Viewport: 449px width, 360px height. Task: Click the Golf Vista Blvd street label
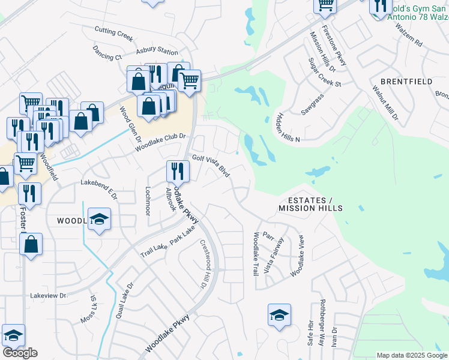[x=211, y=166]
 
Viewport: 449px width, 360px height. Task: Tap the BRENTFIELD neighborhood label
[x=406, y=81]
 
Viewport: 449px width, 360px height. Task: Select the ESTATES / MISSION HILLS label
[x=310, y=204]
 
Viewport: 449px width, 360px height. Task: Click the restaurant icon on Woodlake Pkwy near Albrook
[x=178, y=171]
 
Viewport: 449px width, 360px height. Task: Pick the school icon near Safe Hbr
[x=279, y=315]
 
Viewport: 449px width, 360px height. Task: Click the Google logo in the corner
[x=20, y=353]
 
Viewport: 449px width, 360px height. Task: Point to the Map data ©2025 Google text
[x=412, y=355]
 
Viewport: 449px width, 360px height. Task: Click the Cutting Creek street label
[x=113, y=33]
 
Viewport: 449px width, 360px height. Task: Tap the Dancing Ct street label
[x=107, y=53]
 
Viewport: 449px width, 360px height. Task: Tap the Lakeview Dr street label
[x=49, y=296]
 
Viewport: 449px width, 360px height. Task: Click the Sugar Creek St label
[x=324, y=72]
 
